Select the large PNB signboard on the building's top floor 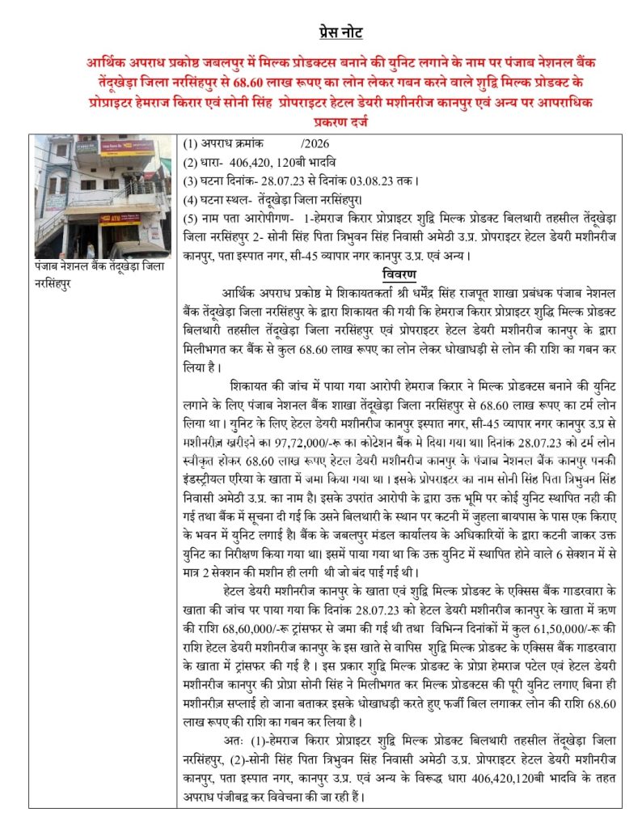[x=126, y=148]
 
